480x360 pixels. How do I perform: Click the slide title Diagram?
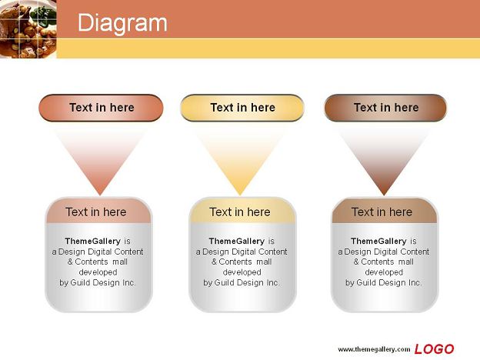[x=122, y=23]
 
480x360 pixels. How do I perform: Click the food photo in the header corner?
[x=28, y=28]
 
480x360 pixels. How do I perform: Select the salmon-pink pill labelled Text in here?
[x=101, y=108]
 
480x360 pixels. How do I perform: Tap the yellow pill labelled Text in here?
[x=242, y=108]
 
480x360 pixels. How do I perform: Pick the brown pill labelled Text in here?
[x=385, y=108]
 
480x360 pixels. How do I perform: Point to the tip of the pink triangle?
[x=100, y=195]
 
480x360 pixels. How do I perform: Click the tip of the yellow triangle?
[x=240, y=195]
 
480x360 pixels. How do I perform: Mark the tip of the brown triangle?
[x=384, y=195]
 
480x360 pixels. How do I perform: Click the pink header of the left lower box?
[x=98, y=211]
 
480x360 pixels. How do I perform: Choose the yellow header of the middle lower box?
[x=242, y=211]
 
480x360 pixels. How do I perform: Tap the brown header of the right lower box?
[x=385, y=211]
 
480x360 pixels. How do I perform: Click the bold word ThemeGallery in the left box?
[x=93, y=242]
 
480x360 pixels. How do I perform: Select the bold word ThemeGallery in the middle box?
[x=237, y=242]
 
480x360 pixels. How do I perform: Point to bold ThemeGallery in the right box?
[x=378, y=242]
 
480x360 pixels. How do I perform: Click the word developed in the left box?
[x=98, y=272]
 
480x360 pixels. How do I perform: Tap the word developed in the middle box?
[x=242, y=272]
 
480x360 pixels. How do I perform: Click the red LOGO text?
[x=434, y=349]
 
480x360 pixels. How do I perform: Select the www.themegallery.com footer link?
[x=374, y=349]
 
